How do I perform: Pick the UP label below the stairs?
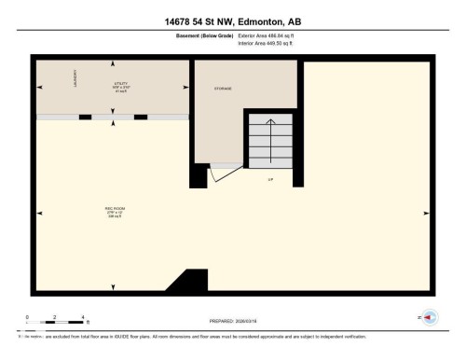271,179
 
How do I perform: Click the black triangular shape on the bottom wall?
192,282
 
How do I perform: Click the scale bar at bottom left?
56,325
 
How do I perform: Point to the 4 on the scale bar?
85,318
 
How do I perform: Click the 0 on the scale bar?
28,318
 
